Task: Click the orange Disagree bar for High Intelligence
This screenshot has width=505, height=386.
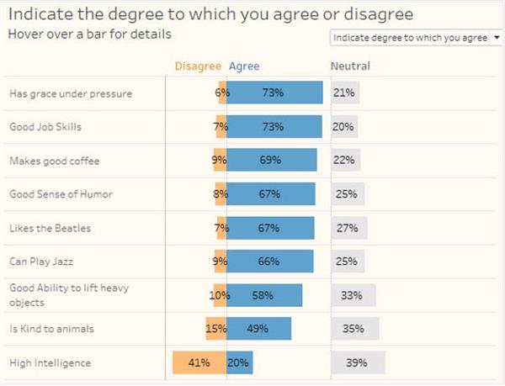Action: tap(199, 362)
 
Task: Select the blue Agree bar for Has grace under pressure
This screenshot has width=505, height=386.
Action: tap(274, 93)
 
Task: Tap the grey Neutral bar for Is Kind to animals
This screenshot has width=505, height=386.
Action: tap(355, 329)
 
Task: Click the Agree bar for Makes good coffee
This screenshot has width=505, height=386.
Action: tap(271, 161)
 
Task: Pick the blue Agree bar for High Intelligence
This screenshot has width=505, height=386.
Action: tap(240, 362)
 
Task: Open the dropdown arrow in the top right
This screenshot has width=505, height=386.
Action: tap(497, 38)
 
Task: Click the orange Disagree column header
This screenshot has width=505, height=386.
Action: tap(198, 66)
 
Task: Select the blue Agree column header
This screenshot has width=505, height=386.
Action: tap(244, 66)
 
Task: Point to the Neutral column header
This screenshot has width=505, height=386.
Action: tap(350, 66)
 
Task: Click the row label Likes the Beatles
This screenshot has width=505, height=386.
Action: tap(50, 228)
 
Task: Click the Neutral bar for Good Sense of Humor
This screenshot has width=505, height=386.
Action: tap(348, 194)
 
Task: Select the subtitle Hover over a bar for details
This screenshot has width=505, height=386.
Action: tap(90, 34)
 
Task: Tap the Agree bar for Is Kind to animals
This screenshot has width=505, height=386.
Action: tap(259, 329)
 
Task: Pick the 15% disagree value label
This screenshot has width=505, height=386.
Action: tap(216, 329)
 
